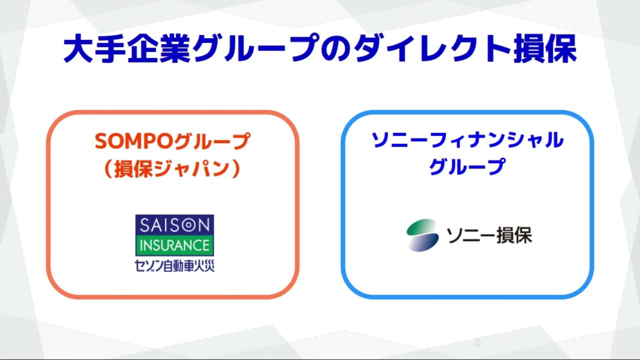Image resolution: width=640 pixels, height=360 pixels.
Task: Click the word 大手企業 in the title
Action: point(126,48)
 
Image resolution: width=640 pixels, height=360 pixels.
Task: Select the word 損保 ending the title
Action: point(545,48)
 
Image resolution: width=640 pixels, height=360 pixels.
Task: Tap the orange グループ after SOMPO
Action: point(211,141)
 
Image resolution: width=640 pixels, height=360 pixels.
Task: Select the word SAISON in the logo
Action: point(175,225)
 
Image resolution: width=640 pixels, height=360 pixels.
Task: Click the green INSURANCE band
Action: point(174,245)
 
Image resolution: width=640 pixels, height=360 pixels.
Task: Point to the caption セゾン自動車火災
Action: point(174,265)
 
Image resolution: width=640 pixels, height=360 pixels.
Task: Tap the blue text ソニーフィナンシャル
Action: point(467,140)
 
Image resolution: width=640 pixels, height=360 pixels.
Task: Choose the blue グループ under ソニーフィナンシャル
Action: point(467,166)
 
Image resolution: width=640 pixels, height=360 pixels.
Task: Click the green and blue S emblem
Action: point(422,235)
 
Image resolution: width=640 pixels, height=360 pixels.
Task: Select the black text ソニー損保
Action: point(489,235)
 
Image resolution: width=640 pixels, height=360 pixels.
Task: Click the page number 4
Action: point(477,343)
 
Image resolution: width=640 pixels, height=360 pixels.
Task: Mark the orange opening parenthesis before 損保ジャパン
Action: point(109,168)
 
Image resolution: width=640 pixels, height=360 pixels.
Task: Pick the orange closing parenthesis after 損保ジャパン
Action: point(236,168)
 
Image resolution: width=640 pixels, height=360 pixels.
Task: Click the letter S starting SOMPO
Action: point(101,141)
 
